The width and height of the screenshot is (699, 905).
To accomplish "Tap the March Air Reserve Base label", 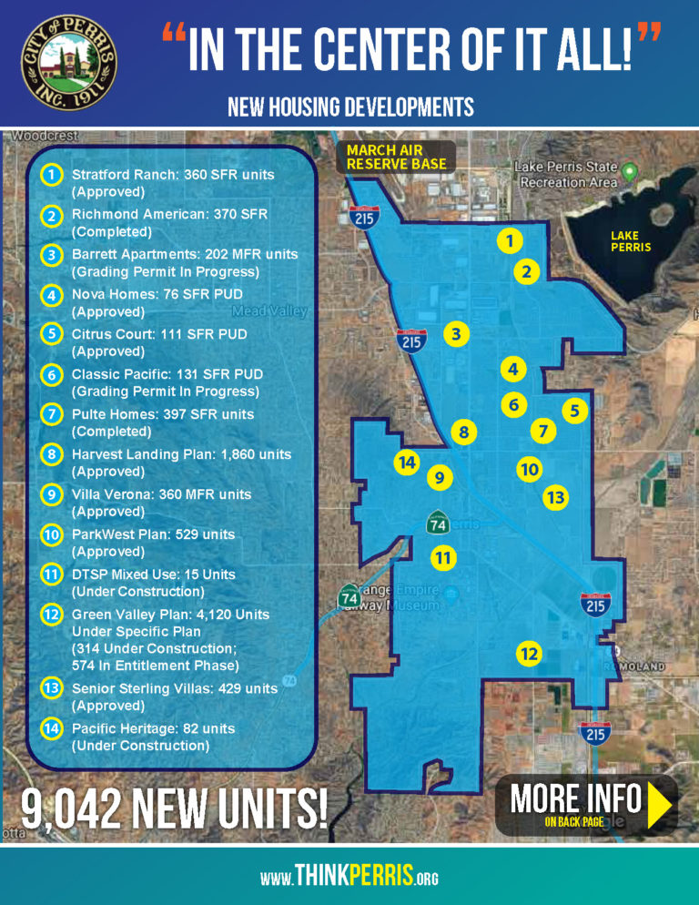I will pos(397,157).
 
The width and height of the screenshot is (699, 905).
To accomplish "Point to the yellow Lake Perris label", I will pos(630,241).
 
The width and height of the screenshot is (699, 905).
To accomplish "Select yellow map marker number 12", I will pos(529,654).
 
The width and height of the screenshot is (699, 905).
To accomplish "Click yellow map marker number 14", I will pos(407,463).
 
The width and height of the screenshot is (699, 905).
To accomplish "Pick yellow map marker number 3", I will pos(457,335).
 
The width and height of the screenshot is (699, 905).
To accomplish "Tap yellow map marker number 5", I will pos(573,411).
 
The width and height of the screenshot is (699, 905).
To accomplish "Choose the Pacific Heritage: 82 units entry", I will pos(153,728).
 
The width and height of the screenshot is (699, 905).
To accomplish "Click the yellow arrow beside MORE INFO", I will pos(659,805).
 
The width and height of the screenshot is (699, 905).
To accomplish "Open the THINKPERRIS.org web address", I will pos(349,877).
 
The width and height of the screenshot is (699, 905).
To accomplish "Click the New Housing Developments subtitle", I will pos(350,107).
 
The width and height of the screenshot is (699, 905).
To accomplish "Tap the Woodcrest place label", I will pos(35,136).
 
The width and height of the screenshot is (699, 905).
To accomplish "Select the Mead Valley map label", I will pos(270,311).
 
